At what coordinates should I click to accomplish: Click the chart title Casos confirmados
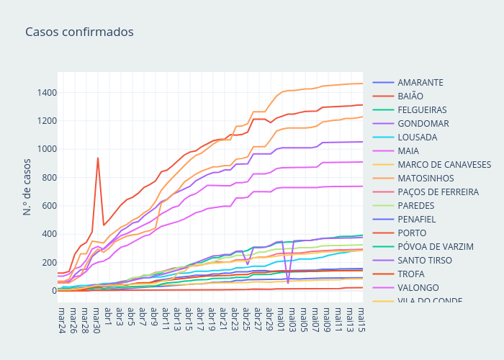click(79, 32)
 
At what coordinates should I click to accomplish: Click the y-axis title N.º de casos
click(27, 187)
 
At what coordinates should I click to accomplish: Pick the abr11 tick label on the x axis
click(166, 321)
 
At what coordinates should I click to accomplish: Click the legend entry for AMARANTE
click(420, 82)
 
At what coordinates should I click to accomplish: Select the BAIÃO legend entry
click(410, 96)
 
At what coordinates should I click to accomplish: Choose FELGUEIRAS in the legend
click(422, 109)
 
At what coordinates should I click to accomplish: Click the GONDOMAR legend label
click(423, 123)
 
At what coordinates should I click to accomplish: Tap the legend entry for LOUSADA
click(417, 137)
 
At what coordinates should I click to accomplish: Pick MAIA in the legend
click(408, 150)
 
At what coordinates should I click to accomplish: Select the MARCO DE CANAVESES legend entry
click(444, 164)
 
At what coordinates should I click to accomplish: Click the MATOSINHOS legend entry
click(426, 178)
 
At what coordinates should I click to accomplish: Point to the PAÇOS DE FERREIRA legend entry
click(438, 192)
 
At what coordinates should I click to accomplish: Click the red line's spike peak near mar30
click(98, 158)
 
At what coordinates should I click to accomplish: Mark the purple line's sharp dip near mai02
click(288, 283)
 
